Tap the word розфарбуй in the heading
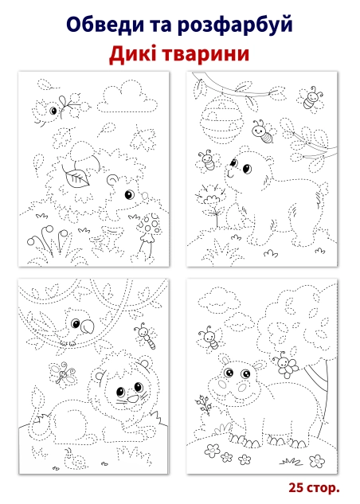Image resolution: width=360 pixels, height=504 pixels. [x=235, y=25]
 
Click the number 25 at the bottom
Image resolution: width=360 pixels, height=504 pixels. [x=295, y=487]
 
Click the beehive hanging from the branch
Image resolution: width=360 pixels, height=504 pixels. [x=221, y=122]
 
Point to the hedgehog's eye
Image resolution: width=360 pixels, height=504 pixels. [x=129, y=194]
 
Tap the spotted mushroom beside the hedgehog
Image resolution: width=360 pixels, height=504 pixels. [x=148, y=236]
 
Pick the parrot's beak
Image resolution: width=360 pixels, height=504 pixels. [x=87, y=326]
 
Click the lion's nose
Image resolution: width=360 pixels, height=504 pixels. [x=132, y=400]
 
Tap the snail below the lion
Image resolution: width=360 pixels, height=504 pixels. [x=75, y=459]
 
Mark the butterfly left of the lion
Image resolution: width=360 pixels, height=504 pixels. [x=63, y=374]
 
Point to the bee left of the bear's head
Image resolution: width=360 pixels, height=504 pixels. [x=208, y=161]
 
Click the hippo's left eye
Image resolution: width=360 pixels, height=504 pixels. [x=229, y=373]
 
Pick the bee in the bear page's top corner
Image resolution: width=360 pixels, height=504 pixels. [x=311, y=99]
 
